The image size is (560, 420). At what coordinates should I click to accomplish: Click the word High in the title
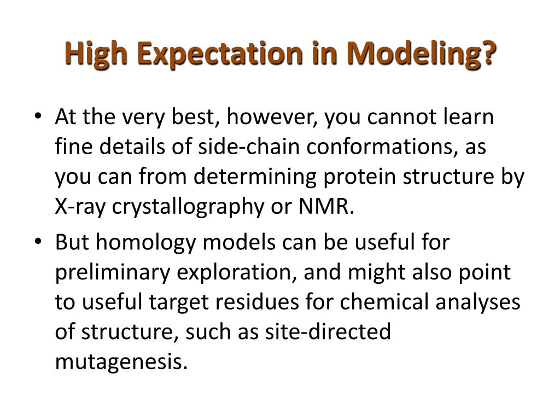tap(96, 54)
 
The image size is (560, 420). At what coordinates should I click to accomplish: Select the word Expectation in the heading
tap(220, 54)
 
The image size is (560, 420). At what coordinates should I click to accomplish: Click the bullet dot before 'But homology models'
tap(38, 241)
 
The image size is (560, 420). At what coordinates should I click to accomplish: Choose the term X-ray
tap(80, 207)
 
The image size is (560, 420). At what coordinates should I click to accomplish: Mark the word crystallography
tap(188, 208)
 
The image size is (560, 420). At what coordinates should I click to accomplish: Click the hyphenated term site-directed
tap(328, 331)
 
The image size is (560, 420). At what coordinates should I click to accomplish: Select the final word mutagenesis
tap(121, 363)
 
